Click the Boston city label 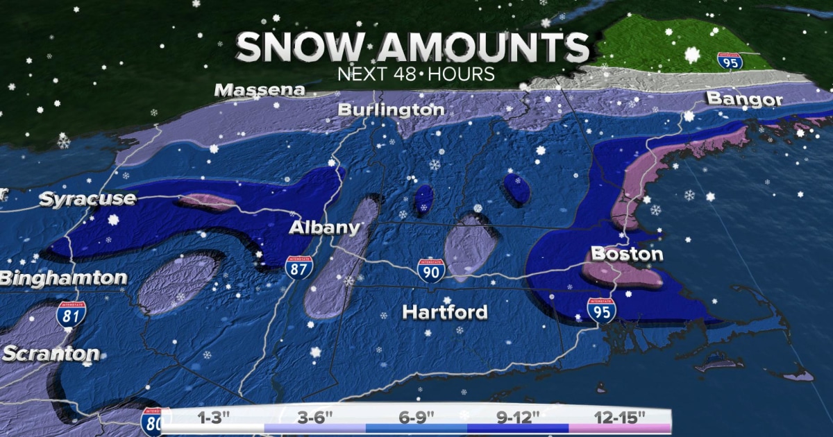[x=626, y=254]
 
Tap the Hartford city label [x=445, y=312]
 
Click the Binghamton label [x=63, y=279]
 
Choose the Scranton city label [x=50, y=354]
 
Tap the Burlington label [x=391, y=110]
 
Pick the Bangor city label [x=744, y=99]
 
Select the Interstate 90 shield [x=431, y=271]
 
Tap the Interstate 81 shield [x=71, y=314]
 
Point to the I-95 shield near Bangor [x=730, y=60]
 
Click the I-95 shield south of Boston [x=601, y=310]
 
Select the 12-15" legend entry [x=620, y=418]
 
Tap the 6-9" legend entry [x=416, y=418]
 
